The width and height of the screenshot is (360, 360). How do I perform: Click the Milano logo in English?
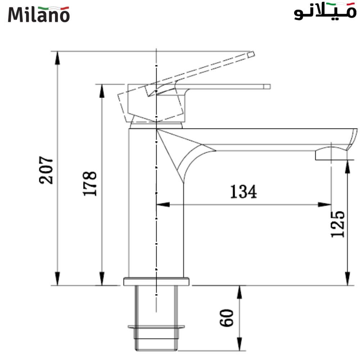pyautogui.click(x=39, y=14)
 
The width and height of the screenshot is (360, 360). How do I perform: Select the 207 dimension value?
pyautogui.click(x=46, y=170)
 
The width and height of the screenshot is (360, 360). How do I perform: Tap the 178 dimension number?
pyautogui.click(x=90, y=183)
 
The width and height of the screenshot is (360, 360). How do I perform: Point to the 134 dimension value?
pyautogui.click(x=244, y=192)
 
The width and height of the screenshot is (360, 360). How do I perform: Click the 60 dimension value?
pyautogui.click(x=227, y=317)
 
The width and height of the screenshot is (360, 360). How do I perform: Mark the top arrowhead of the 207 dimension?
pyautogui.click(x=57, y=58)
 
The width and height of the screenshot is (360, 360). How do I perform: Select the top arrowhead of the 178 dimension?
pyautogui.click(x=102, y=90)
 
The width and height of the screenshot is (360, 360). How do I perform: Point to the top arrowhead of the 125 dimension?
pyautogui.click(x=347, y=166)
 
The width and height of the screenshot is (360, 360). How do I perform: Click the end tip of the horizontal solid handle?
pyautogui.click(x=267, y=86)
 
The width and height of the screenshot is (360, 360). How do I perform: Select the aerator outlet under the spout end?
pyautogui.click(x=330, y=155)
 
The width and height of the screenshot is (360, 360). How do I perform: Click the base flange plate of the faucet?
pyautogui.click(x=156, y=281)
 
